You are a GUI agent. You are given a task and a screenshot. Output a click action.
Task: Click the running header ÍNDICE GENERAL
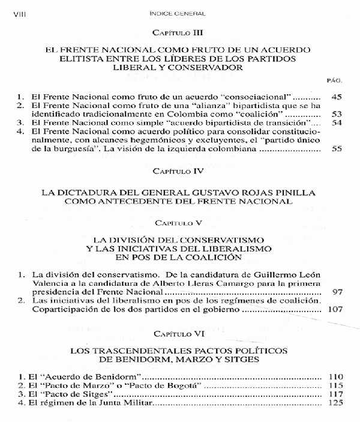pyautogui.click(x=178, y=11)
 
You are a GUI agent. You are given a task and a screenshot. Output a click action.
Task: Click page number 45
pyautogui.click(x=335, y=95)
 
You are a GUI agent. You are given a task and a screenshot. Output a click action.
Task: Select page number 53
pyautogui.click(x=335, y=113)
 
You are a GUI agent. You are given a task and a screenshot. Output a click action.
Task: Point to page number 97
pyautogui.click(x=337, y=291)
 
